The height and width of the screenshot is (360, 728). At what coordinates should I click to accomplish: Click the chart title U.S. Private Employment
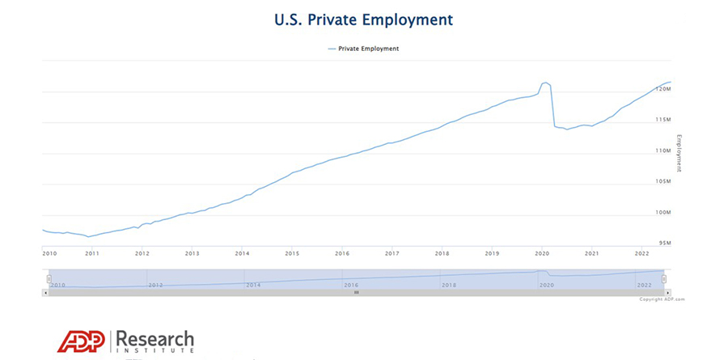pos(363,19)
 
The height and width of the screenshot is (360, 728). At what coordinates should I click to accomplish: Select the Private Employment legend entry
pos(363,49)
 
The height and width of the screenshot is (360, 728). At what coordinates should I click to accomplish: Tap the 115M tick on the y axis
pos(662,120)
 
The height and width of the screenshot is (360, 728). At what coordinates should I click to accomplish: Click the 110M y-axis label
pos(662,150)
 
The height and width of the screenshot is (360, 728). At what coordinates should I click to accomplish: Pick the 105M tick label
pos(662,181)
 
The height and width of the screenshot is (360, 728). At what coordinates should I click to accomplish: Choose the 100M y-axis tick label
pos(662,212)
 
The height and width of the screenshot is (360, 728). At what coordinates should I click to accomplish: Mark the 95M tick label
pos(664,243)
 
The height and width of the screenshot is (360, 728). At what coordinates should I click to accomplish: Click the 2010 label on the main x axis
pos(49,253)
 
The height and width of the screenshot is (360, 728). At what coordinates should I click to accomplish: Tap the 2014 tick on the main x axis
pos(242,253)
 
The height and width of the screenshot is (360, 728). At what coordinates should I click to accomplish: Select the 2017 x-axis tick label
pos(392,253)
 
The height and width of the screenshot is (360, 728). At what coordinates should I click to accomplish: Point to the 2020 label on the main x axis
pos(541,253)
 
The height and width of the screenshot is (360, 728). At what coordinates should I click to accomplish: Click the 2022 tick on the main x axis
pos(641,253)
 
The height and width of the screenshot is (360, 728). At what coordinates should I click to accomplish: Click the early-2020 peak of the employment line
pos(545,83)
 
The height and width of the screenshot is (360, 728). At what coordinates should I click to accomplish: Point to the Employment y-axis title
pos(679,154)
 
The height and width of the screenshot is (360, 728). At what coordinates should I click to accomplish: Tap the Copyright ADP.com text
pos(662,299)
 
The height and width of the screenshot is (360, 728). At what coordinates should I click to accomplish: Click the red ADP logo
pos(81,341)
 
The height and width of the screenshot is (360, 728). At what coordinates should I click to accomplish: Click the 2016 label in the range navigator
pos(350,285)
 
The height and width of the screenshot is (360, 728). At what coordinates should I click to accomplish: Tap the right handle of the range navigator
pos(664,278)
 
